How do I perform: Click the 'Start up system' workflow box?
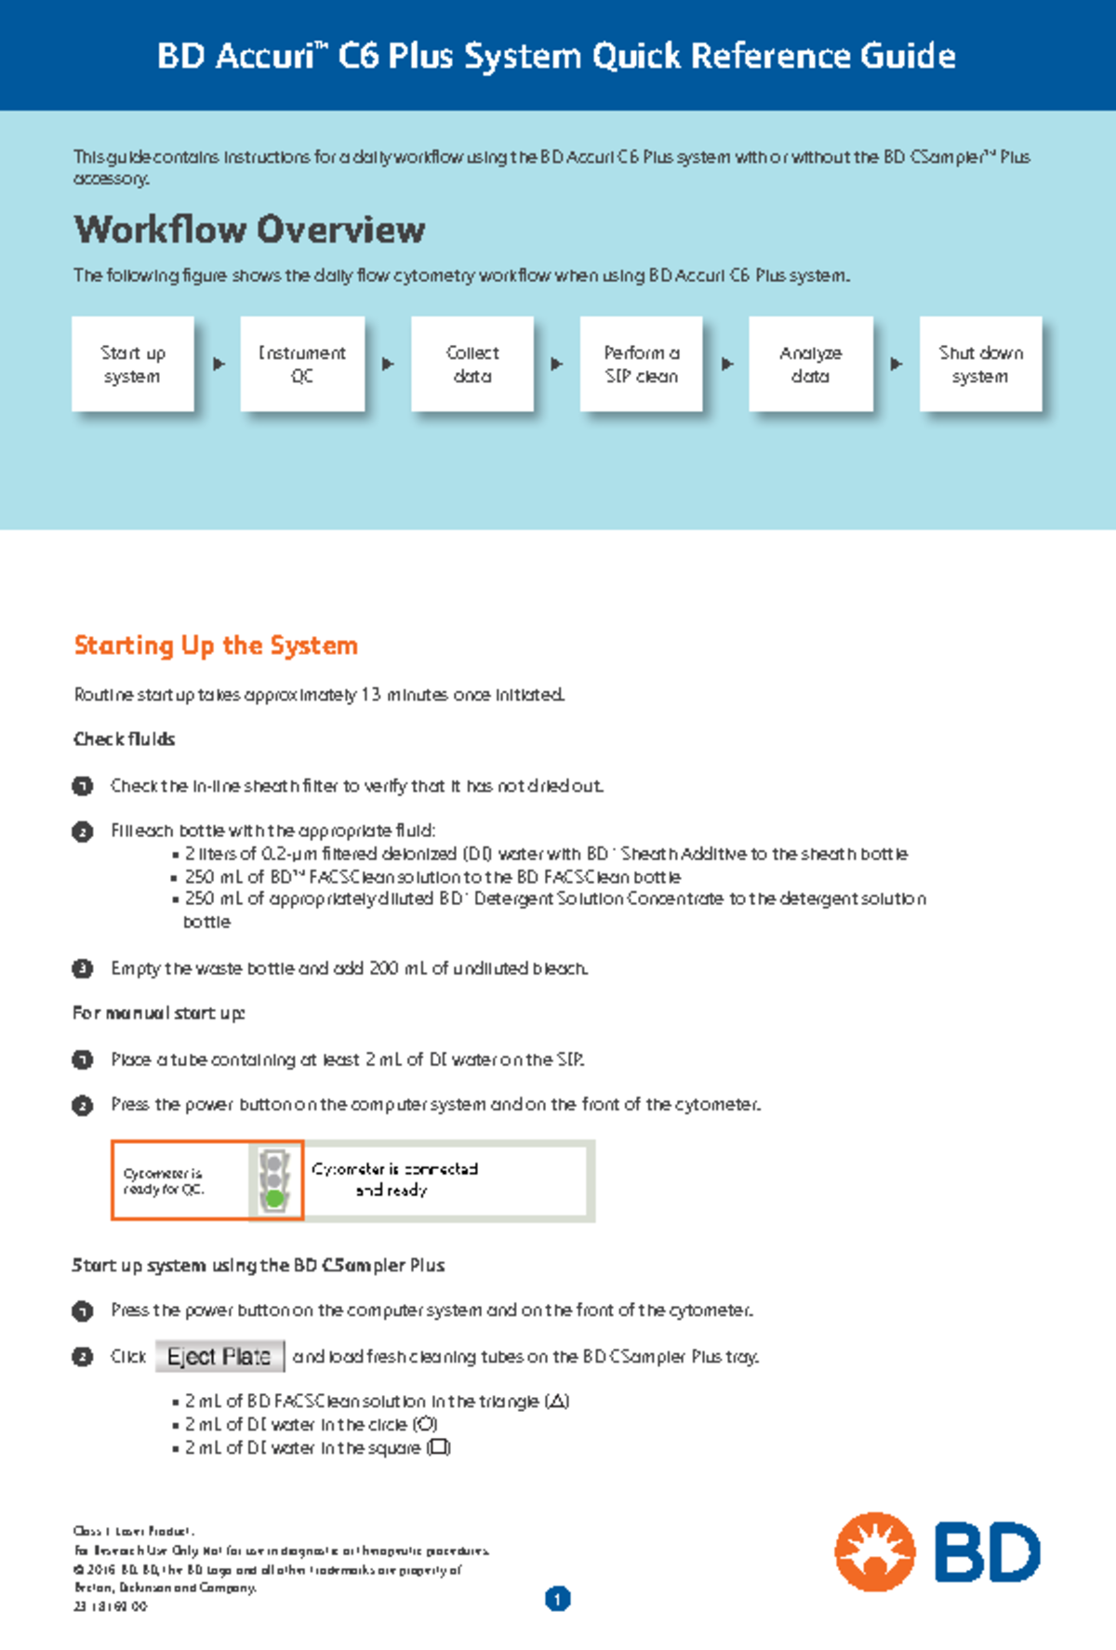click(132, 365)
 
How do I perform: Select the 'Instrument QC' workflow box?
click(302, 365)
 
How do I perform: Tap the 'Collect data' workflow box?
click(472, 365)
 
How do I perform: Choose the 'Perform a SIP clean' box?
click(642, 365)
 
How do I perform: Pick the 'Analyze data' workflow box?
click(811, 365)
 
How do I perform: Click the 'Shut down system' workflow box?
click(980, 365)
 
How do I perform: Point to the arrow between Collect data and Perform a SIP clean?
click(556, 365)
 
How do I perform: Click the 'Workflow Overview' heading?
click(249, 230)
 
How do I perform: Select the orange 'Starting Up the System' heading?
click(216, 645)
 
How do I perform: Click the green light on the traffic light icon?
click(274, 1199)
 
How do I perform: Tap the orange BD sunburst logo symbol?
click(874, 1551)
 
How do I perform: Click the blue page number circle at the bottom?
click(557, 1599)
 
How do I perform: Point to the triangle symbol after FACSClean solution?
click(557, 1402)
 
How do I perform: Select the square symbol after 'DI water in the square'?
click(438, 1448)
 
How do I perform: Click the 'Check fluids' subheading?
click(124, 739)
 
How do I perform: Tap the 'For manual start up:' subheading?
click(158, 1013)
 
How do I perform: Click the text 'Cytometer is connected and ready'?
click(394, 1179)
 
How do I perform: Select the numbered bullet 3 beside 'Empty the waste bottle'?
click(83, 968)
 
